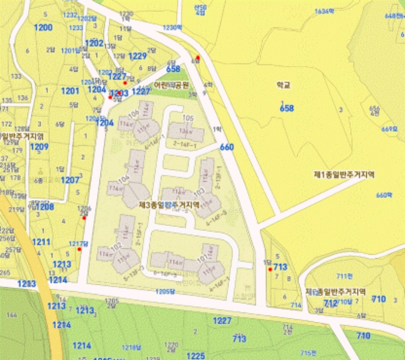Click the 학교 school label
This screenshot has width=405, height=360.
(283, 85)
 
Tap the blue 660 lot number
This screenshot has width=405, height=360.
(227, 148)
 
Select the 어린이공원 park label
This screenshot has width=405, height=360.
(171, 85)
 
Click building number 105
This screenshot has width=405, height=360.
(187, 118)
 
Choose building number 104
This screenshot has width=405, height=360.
(123, 178)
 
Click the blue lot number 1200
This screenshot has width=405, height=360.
(43, 27)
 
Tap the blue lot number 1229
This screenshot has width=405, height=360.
(138, 56)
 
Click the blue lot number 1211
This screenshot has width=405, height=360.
(41, 241)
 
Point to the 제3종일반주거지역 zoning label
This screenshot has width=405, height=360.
(169, 204)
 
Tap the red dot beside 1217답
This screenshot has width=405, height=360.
(79, 249)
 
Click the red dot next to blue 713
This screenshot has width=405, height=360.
(270, 269)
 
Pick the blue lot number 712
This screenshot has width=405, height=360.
(330, 303)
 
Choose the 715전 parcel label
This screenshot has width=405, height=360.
(308, 352)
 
